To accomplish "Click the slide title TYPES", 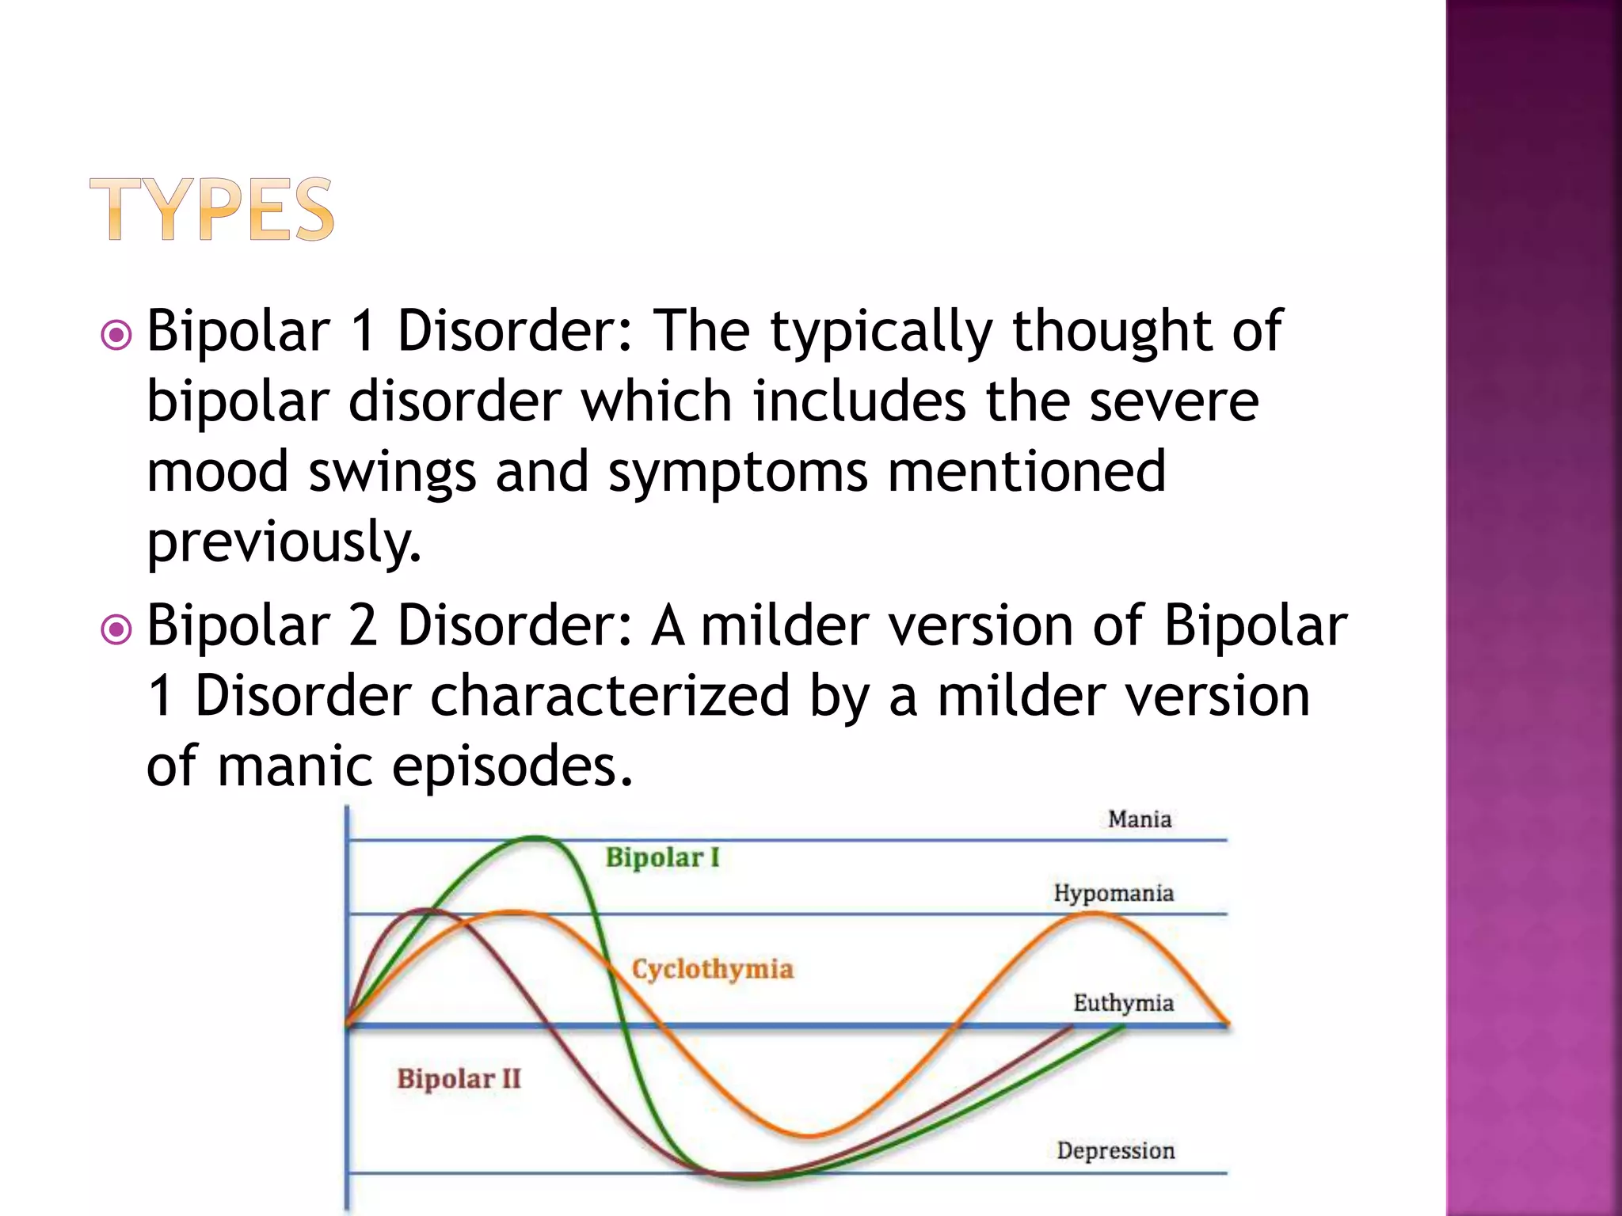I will click(212, 209).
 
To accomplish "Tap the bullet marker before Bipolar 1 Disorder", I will click(116, 335).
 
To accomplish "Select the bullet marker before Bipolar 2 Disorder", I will click(116, 630).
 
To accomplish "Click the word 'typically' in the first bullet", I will click(881, 332).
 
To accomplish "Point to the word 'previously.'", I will click(284, 542).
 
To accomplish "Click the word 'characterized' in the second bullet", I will click(610, 697).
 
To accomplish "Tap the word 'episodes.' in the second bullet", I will click(512, 766).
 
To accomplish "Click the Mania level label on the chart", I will click(1139, 819).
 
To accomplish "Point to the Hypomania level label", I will click(1113, 893).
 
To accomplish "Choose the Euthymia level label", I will click(1123, 1003).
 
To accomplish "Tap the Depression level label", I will click(1115, 1150).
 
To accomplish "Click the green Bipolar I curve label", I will click(662, 857).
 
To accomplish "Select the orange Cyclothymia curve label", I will click(712, 969).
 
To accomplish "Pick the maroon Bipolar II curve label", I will click(459, 1078).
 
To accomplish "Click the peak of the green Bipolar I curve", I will click(537, 838).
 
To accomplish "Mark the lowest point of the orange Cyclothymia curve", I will click(808, 1136).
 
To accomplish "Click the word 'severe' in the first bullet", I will click(1173, 402).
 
